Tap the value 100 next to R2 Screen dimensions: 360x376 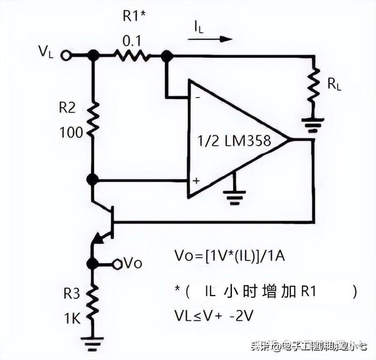[x=70, y=133]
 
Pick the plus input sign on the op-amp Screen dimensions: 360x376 [x=196, y=181]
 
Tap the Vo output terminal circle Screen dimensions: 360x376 [x=117, y=263]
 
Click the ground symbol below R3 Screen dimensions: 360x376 [x=93, y=342]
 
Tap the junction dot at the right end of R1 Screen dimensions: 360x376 [x=166, y=56]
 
